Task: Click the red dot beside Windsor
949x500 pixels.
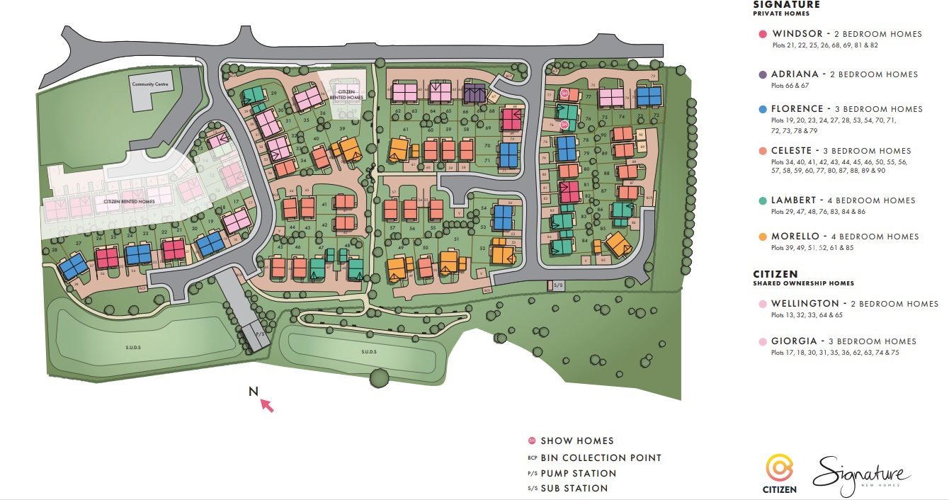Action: click(762, 34)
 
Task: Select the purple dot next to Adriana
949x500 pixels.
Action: click(762, 74)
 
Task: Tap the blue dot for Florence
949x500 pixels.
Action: click(762, 109)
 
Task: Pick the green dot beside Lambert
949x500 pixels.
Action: click(762, 200)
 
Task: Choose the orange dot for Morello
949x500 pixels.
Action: click(762, 237)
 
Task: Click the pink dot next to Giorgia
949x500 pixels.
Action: click(762, 341)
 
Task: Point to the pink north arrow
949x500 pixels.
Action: click(266, 405)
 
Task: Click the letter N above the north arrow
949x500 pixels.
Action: click(253, 391)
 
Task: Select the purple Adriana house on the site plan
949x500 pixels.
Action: click(474, 93)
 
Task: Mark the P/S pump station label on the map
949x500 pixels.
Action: click(259, 331)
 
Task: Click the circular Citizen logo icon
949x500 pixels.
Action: click(780, 468)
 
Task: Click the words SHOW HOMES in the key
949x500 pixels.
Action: click(576, 441)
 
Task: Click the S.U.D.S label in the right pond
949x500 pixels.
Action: click(367, 351)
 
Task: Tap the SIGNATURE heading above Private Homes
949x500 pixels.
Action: click(786, 5)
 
